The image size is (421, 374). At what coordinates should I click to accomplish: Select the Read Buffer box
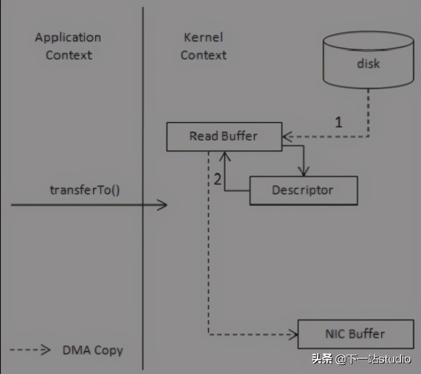(x=224, y=137)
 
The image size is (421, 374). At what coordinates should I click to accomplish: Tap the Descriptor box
(x=303, y=190)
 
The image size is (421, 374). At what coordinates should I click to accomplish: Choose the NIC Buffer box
(x=355, y=334)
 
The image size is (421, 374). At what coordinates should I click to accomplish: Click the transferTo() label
(x=85, y=189)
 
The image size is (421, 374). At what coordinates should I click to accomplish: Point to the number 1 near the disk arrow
(x=338, y=122)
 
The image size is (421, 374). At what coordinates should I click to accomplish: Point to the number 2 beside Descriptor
(x=218, y=179)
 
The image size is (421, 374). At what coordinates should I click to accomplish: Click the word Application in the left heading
(x=68, y=38)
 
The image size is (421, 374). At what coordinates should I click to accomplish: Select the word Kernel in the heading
(x=203, y=38)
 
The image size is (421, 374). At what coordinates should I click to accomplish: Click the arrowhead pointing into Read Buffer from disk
(x=287, y=137)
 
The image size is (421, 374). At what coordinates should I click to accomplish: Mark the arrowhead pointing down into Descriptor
(x=303, y=172)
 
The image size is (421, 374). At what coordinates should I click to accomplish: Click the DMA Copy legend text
(x=92, y=350)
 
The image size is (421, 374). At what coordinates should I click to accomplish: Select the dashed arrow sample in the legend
(x=30, y=350)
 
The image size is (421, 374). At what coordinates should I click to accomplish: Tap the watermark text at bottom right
(x=361, y=359)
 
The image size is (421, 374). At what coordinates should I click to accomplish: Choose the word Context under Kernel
(x=203, y=55)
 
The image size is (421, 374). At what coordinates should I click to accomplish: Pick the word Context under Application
(x=68, y=55)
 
